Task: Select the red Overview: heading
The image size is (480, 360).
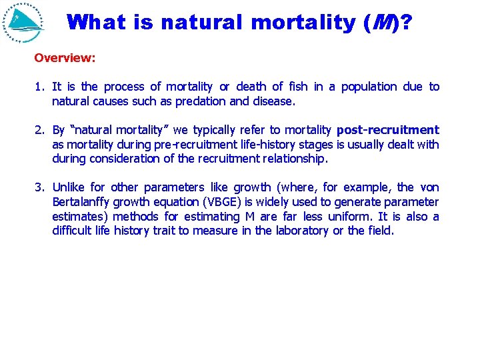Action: click(x=65, y=58)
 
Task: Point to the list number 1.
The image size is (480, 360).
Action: click(x=39, y=87)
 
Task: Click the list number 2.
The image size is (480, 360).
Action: click(x=39, y=130)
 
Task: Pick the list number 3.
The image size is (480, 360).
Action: click(x=39, y=187)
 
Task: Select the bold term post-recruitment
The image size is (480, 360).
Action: click(x=388, y=130)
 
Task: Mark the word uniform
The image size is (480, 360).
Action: click(x=349, y=217)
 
